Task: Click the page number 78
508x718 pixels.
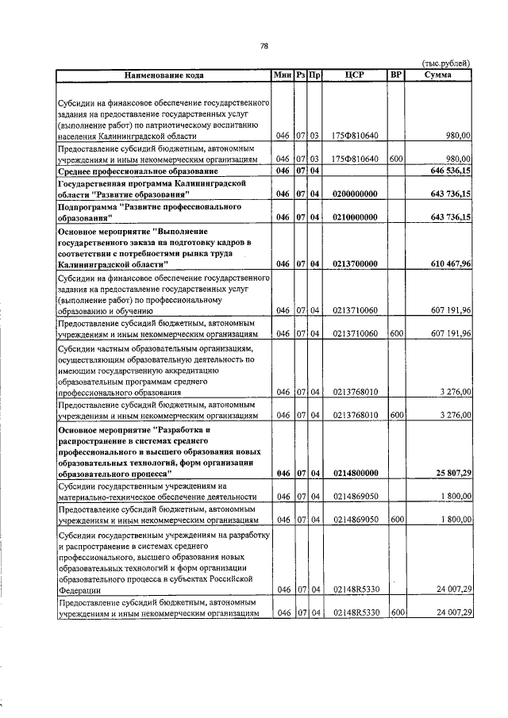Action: pos(264,45)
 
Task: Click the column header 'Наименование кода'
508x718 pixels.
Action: pos(164,75)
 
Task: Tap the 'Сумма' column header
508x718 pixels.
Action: pos(438,75)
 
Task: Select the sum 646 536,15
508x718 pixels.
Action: pos(448,171)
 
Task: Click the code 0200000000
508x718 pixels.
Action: pos(355,194)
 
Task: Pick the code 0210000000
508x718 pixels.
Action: pos(355,217)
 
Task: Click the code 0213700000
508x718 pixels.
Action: pos(355,263)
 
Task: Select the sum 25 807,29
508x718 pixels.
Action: pos(450,474)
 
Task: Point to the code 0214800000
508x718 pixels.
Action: pos(355,474)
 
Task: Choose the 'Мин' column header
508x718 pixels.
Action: pos(282,75)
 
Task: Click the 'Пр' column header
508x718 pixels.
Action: pos(315,75)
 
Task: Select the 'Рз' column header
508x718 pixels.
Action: pos(301,75)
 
